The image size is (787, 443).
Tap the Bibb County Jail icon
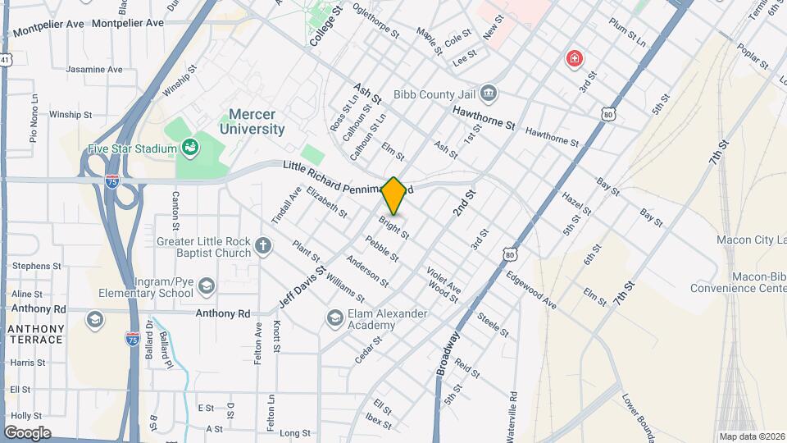[x=489, y=92]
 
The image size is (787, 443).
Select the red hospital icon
[x=575, y=58]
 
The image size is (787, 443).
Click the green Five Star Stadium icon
[x=190, y=148]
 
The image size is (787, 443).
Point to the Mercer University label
[x=252, y=122]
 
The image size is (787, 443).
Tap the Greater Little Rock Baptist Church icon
[x=263, y=245]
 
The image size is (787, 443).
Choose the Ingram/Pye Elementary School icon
[x=206, y=285]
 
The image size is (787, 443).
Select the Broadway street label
[x=448, y=354]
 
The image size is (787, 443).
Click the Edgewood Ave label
[x=531, y=291]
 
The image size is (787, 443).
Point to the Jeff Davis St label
[x=302, y=286]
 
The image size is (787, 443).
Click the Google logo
[x=27, y=432]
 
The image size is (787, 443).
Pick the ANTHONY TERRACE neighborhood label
[x=35, y=333]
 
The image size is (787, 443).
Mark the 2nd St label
[x=464, y=203]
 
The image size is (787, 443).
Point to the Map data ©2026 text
[x=752, y=436]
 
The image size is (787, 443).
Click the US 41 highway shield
[x=5, y=60]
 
